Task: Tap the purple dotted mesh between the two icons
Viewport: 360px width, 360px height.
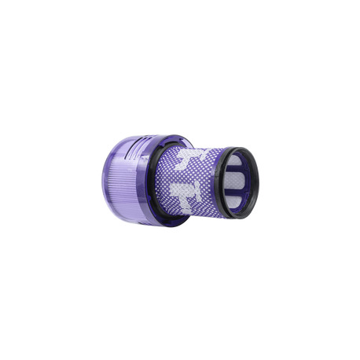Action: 182,176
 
